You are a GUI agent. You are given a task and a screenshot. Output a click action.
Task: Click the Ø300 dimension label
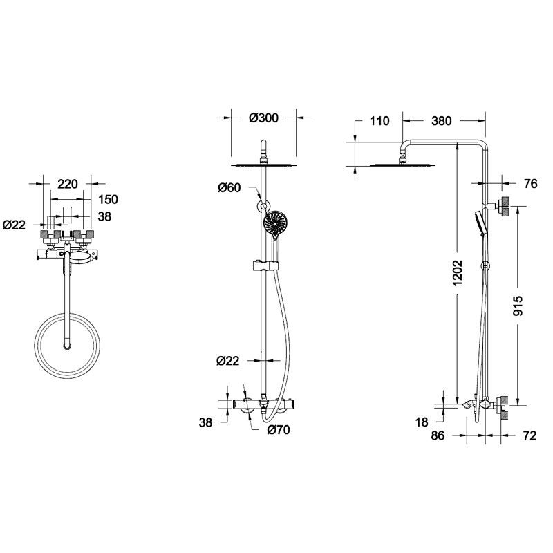point(263,118)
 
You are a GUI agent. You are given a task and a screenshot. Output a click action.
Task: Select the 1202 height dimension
point(458,273)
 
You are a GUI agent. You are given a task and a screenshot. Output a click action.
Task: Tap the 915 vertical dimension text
point(518,306)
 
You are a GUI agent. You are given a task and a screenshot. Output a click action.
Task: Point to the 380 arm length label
point(441,121)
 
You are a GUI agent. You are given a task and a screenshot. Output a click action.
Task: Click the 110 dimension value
point(379,121)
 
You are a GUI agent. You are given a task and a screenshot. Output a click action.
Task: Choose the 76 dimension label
point(530,183)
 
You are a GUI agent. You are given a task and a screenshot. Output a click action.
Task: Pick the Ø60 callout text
point(229,187)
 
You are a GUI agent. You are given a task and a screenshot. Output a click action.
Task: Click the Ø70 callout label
point(279,429)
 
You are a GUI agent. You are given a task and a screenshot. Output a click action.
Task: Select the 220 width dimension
point(67,184)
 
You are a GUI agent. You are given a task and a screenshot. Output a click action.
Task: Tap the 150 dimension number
point(108,199)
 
